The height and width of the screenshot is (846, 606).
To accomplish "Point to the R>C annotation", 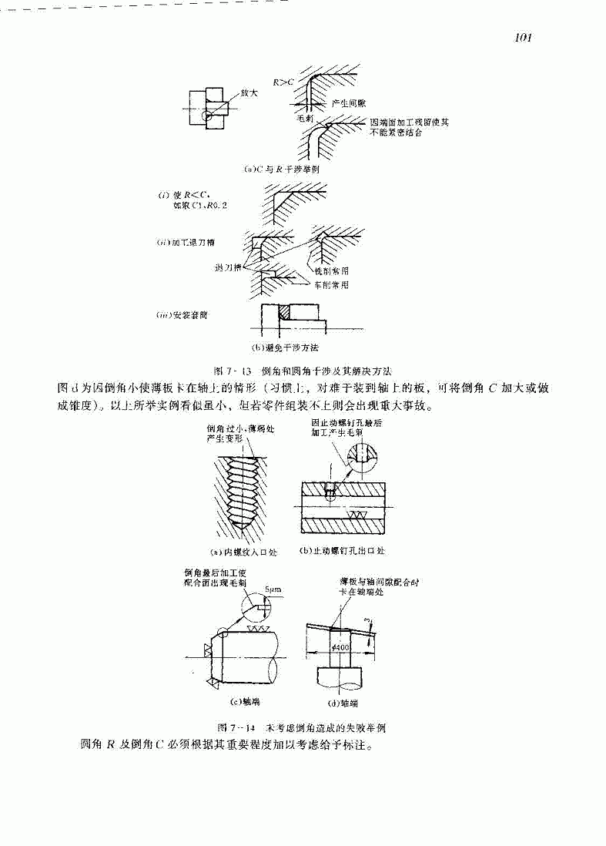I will [x=284, y=80].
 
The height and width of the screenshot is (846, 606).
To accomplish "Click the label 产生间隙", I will [x=346, y=102].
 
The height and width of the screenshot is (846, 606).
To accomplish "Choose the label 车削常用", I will [x=333, y=284].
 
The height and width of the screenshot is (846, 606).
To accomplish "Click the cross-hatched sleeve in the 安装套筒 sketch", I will [x=284, y=311].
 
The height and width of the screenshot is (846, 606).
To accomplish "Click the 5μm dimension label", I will [x=273, y=589].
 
